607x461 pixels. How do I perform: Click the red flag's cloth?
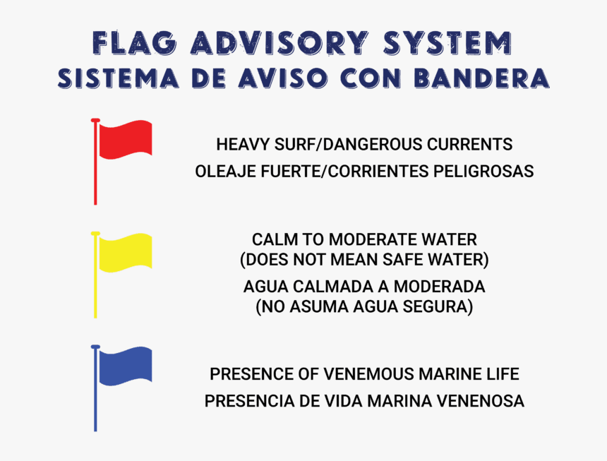point(125,140)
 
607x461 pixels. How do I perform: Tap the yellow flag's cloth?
point(125,253)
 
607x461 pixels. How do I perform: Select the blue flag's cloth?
point(125,366)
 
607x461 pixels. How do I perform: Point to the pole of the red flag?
point(95,176)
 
